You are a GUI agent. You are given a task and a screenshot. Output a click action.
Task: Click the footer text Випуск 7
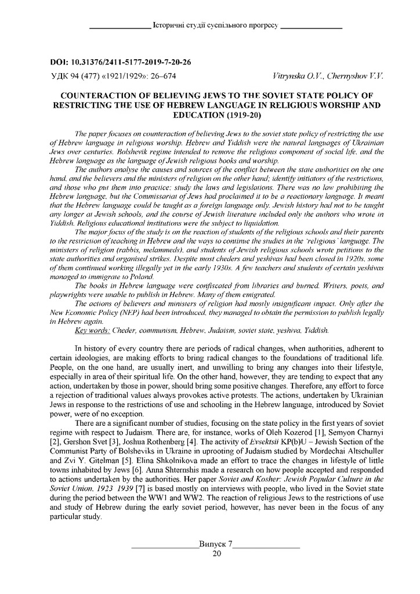[215, 545]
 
